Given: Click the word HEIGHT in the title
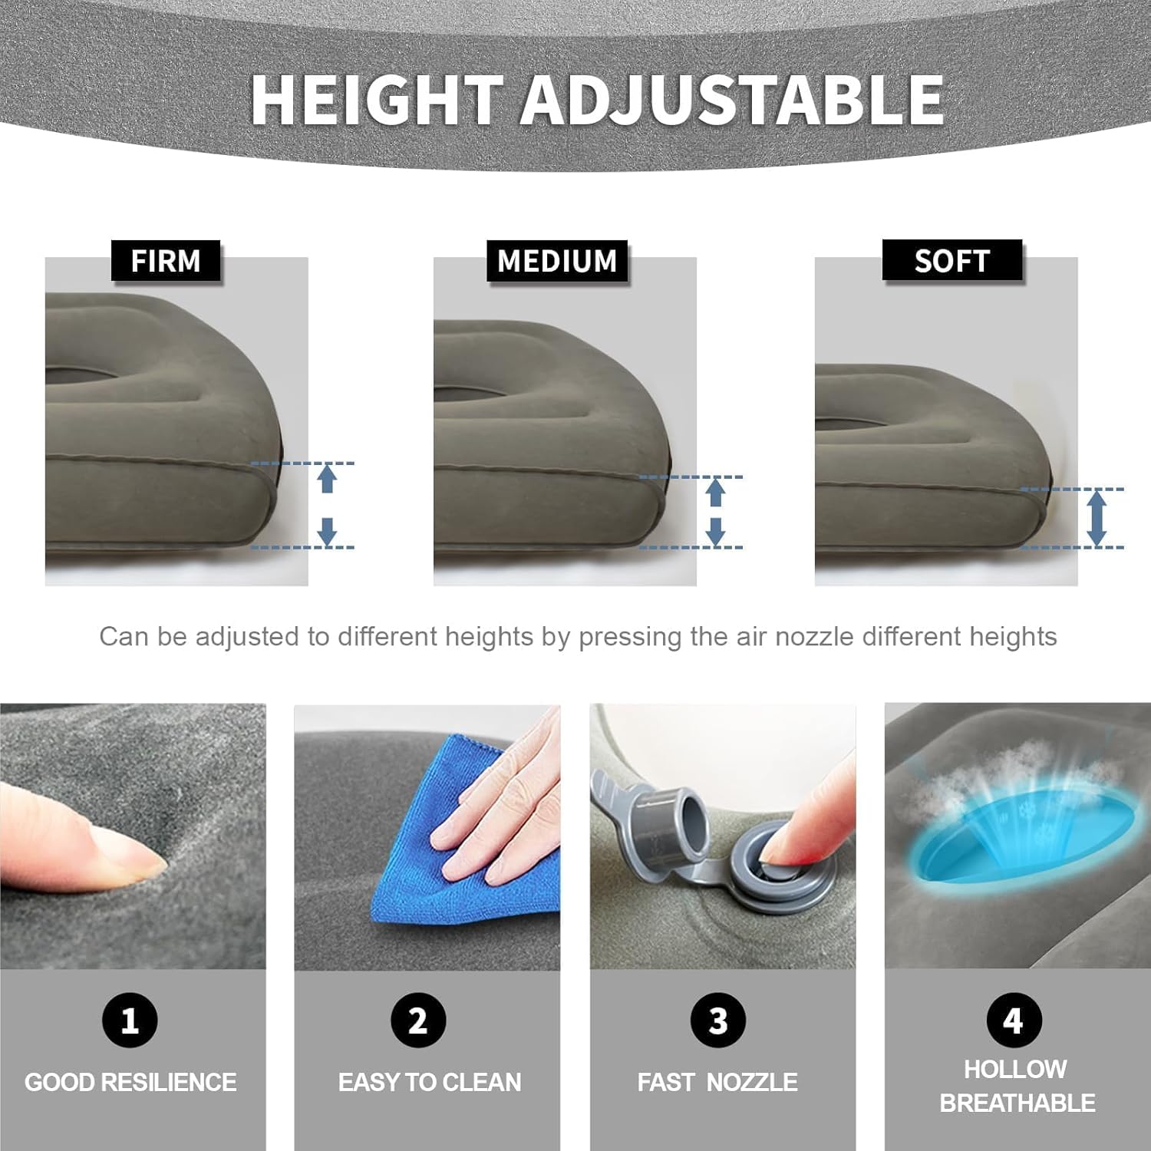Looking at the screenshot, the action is point(378,101).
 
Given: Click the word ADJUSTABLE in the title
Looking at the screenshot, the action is point(733,101).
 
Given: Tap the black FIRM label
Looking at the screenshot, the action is point(166,261).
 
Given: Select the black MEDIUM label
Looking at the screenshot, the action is point(557,261).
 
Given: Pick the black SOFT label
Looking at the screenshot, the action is point(952,261).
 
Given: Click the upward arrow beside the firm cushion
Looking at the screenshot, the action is point(328,479).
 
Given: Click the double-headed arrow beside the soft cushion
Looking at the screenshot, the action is point(1097,518).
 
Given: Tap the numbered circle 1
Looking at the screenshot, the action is point(130,1020).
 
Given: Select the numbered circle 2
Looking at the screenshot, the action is point(418,1020).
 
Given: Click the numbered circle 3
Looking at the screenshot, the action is point(718,1020).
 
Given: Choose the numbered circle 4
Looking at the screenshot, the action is point(1014,1020).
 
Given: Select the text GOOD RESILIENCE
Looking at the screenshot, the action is point(130,1082).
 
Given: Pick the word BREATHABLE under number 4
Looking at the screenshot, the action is point(1017,1103).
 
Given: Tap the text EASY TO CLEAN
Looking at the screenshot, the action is point(430,1082).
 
